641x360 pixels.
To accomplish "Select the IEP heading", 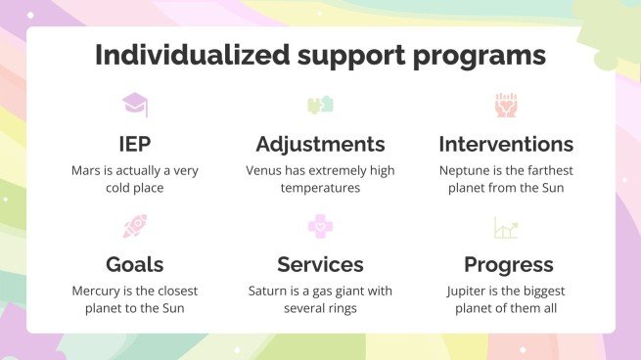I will tap(135, 145).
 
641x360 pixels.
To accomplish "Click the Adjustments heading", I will tap(320, 145).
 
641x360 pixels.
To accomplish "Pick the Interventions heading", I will tap(506, 145).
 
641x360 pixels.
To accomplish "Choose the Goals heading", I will tap(135, 264).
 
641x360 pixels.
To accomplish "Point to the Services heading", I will tap(320, 264).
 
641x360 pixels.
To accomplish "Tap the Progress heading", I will tap(508, 264).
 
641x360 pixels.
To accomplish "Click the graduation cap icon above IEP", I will tap(135, 105).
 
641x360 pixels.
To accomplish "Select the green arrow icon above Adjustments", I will tap(320, 105).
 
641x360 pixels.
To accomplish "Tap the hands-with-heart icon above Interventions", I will tap(506, 105).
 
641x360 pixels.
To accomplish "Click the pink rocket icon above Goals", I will tap(135, 228).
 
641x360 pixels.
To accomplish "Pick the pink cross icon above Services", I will tap(320, 228).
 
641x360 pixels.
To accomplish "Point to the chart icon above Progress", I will tap(506, 229).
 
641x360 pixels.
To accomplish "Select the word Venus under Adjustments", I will tap(265, 170).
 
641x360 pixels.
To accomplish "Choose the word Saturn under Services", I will tap(269, 291).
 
